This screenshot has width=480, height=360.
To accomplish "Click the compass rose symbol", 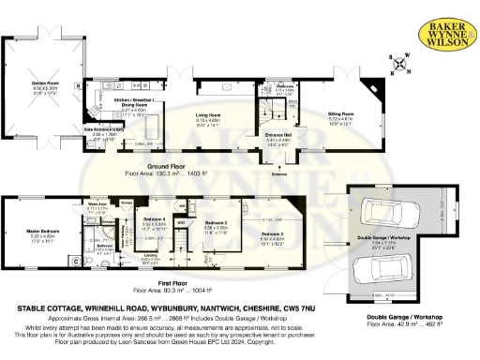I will coord(402,65).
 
